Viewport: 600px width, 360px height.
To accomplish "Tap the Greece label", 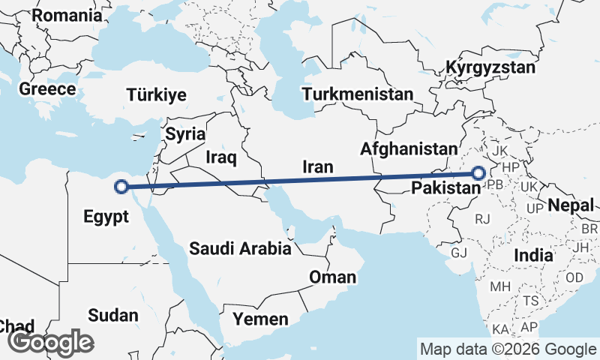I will point(47,89).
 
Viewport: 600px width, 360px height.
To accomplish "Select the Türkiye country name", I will point(156,95).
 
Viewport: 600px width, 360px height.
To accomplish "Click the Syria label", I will point(185,135).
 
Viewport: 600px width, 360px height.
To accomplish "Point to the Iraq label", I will point(221,157).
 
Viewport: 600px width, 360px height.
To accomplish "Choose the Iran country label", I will point(317,167).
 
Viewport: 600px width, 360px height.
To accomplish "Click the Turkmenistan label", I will point(358,94).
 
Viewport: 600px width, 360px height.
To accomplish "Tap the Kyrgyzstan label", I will point(490,67).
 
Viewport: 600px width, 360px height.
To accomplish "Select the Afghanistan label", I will point(408,149).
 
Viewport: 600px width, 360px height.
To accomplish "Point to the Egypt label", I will point(105,217).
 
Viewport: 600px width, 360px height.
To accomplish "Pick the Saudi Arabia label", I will point(240,249).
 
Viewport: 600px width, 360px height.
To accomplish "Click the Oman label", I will point(332,277).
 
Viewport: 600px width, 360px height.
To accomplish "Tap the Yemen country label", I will point(260,319).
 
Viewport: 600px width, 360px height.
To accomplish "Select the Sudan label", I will point(112,315).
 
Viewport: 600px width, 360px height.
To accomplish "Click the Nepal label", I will point(571,205).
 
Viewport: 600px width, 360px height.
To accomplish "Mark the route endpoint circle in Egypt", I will point(120,187).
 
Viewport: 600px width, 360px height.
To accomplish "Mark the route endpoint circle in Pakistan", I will point(478,174).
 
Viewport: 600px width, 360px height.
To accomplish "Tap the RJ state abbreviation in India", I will point(482,219).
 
